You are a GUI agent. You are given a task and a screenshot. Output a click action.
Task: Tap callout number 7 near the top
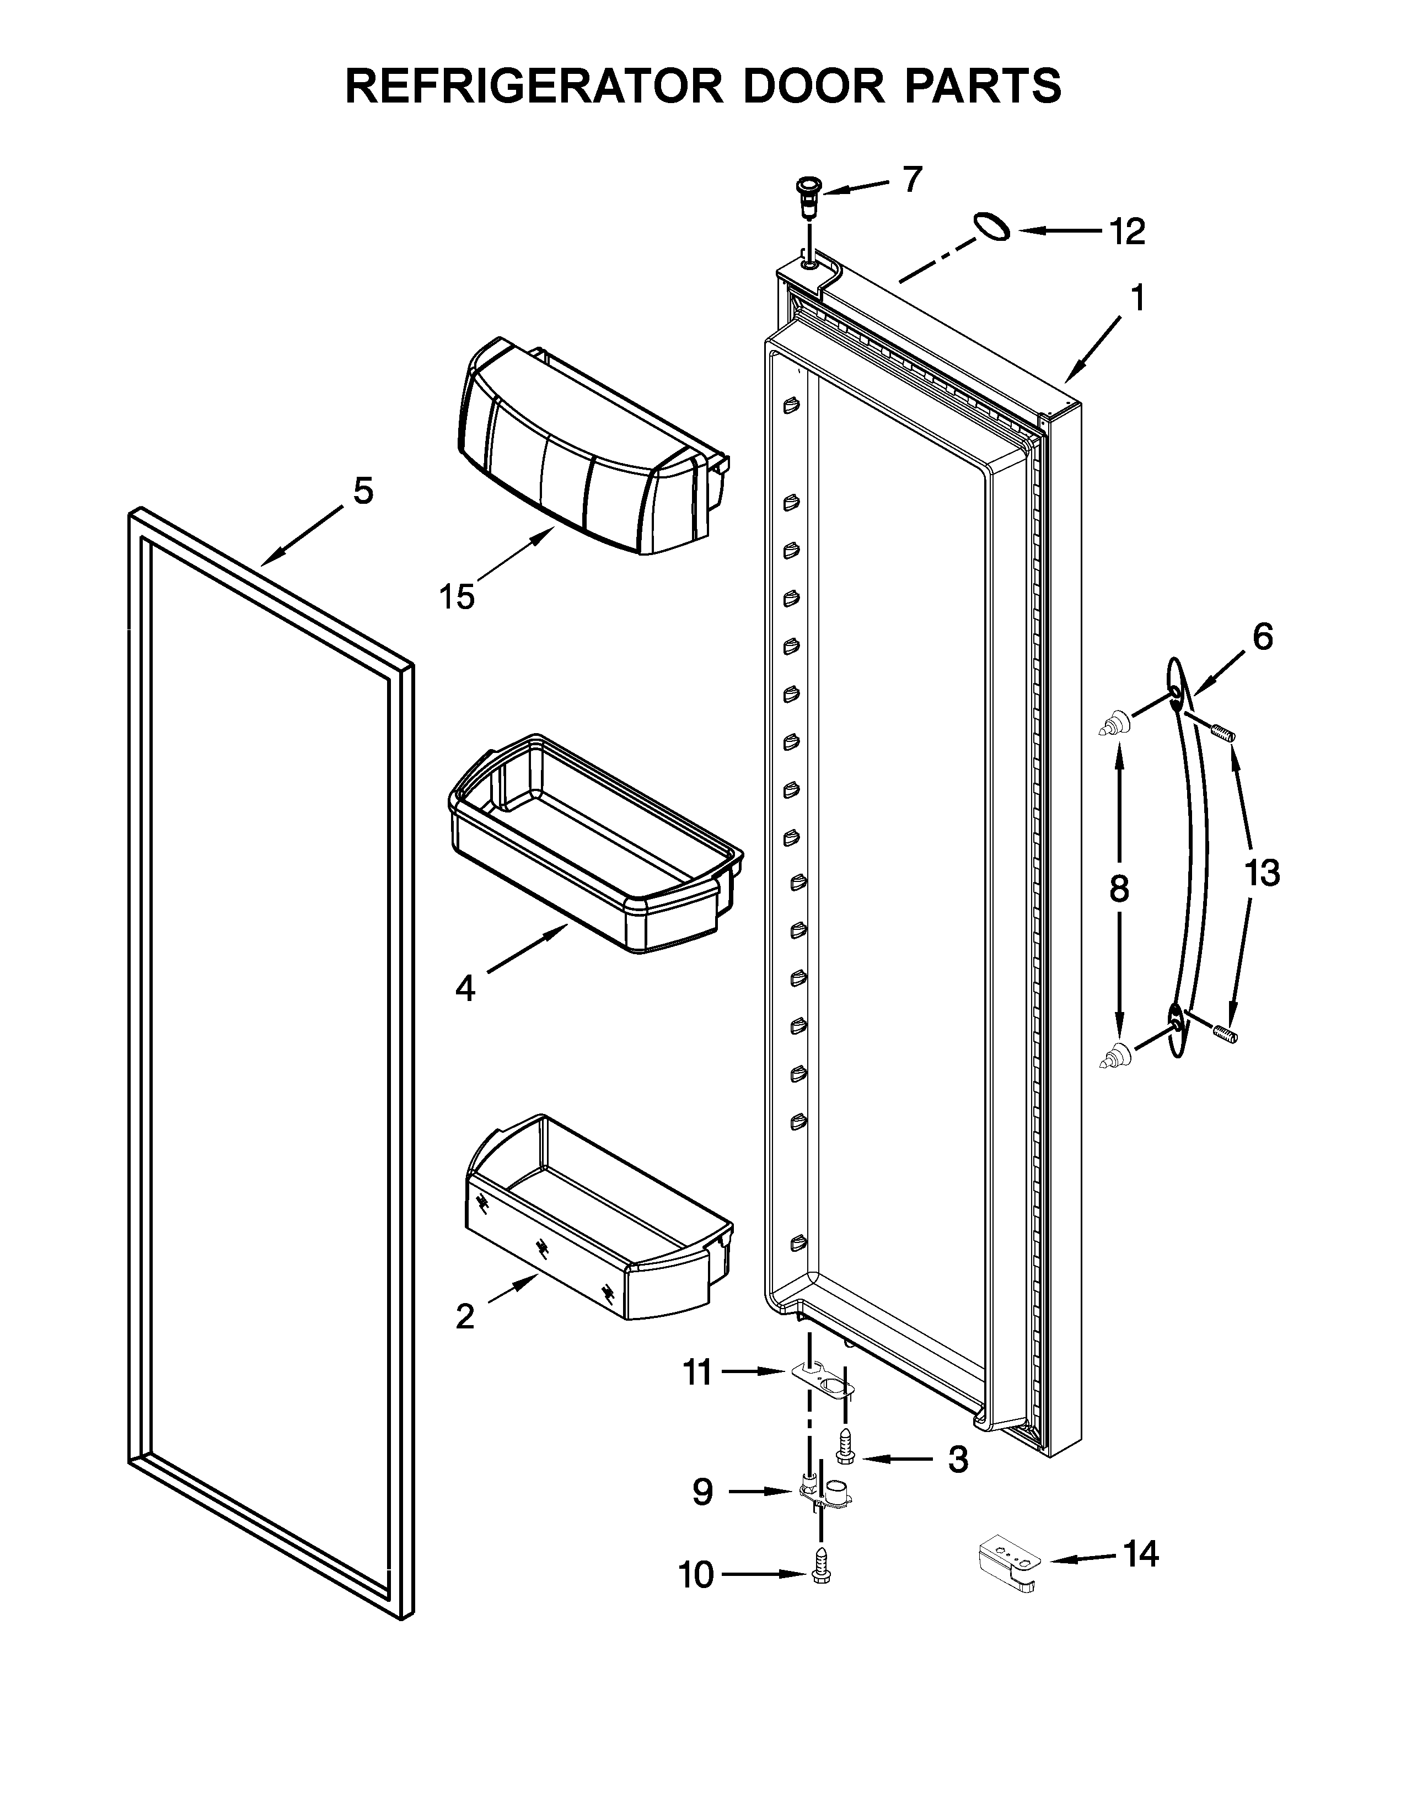point(913,179)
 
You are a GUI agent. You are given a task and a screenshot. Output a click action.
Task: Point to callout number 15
point(457,596)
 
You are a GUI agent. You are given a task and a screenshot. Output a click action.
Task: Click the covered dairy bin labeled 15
point(583,450)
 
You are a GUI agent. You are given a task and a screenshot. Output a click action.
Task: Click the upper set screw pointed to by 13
point(1222,733)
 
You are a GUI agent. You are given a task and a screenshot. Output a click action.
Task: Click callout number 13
point(1262,873)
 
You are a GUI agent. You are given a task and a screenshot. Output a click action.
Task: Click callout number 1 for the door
point(1136,297)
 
